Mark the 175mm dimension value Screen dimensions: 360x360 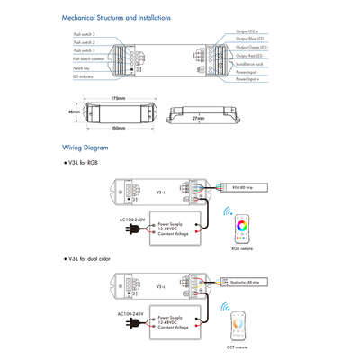click(x=119, y=97)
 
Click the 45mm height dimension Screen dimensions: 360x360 click(x=74, y=112)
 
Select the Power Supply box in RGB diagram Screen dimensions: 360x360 click(x=180, y=229)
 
